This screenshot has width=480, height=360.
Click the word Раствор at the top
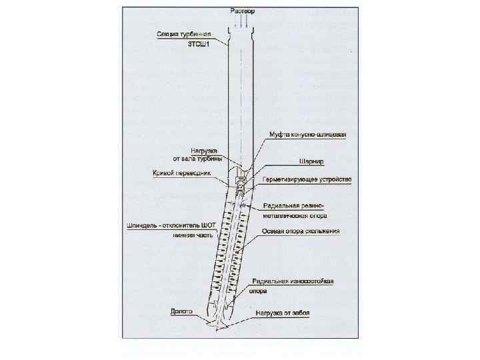242,11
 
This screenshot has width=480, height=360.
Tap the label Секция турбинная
185,34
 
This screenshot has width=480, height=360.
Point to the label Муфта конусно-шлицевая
307,135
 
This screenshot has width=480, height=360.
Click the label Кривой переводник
182,172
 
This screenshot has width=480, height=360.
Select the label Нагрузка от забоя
283,313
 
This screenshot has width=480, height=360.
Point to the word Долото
181,311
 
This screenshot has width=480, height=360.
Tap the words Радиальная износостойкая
293,281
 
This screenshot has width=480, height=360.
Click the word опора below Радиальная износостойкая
258,291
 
